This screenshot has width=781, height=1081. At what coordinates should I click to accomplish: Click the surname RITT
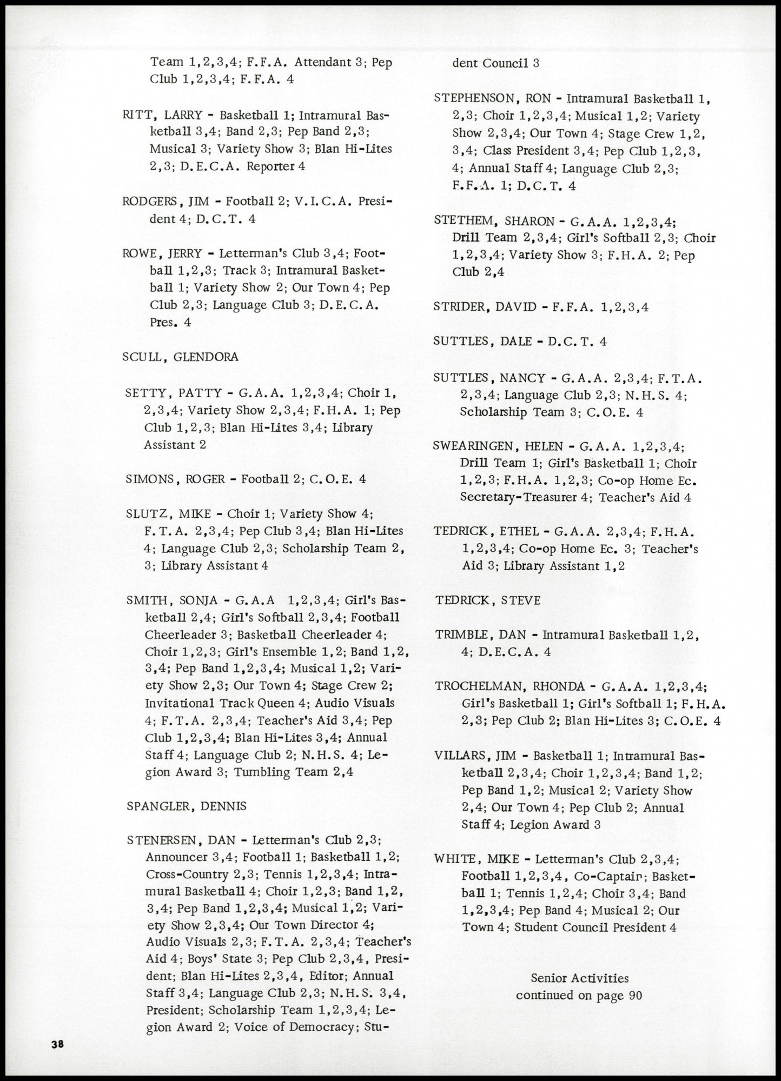[x=138, y=115]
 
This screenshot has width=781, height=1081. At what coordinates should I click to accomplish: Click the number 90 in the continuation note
[x=634, y=996]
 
